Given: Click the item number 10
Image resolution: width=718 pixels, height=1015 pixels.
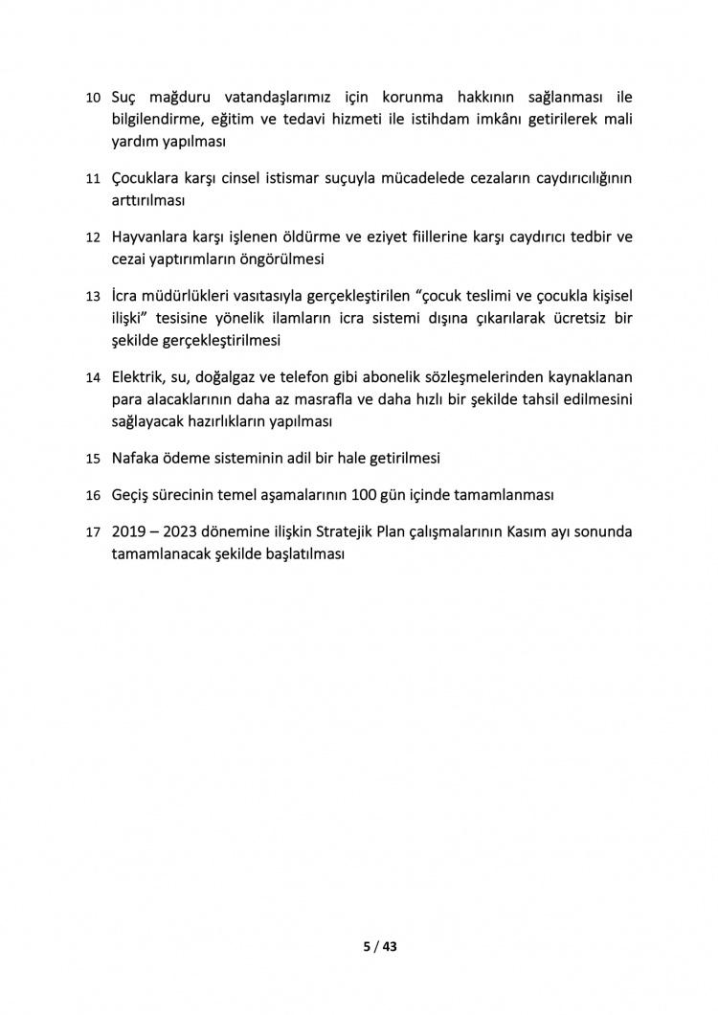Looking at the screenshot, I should click(x=93, y=99).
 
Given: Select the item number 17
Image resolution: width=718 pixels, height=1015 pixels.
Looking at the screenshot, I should click(x=93, y=532).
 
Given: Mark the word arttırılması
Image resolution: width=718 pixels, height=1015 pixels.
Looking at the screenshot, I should click(x=148, y=201).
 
